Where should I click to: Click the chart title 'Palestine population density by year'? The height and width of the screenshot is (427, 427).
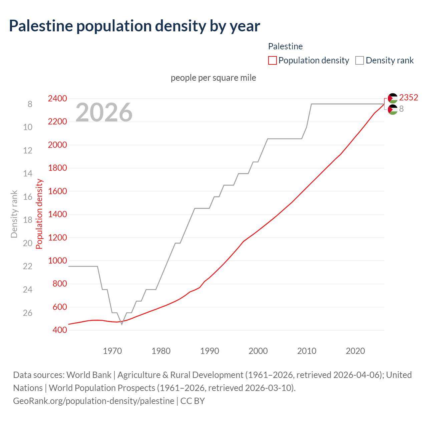tap(134, 26)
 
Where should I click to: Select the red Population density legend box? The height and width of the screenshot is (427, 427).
tap(273, 60)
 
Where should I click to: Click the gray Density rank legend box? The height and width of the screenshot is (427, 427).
tap(360, 60)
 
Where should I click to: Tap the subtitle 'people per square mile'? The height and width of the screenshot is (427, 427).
tap(213, 78)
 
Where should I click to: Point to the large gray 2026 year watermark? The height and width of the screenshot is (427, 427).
tap(104, 112)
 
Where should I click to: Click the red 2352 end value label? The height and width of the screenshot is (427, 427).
tap(409, 97)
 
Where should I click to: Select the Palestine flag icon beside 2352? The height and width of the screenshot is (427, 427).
tap(393, 98)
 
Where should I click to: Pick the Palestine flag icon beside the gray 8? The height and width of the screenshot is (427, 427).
tap(393, 109)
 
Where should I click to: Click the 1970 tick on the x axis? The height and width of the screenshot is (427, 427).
tap(112, 351)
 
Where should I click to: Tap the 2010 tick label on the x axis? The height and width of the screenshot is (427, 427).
tap(307, 351)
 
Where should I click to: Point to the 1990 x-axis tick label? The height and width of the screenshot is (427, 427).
tap(209, 351)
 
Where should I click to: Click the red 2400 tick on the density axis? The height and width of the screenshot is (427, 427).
tap(57, 99)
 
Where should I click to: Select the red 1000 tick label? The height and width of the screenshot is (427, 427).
tap(57, 261)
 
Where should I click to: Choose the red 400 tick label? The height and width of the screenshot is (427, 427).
tap(60, 330)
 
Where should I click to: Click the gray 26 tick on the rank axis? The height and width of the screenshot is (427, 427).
tap(28, 313)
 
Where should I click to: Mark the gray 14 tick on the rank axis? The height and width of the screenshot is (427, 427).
tap(28, 173)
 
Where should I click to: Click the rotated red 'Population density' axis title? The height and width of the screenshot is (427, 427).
tap(39, 214)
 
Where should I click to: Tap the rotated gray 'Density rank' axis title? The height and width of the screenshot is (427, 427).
tap(14, 214)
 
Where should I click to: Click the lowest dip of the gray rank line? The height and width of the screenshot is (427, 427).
tap(122, 324)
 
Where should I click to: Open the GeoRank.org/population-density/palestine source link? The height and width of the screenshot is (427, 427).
tap(93, 401)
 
